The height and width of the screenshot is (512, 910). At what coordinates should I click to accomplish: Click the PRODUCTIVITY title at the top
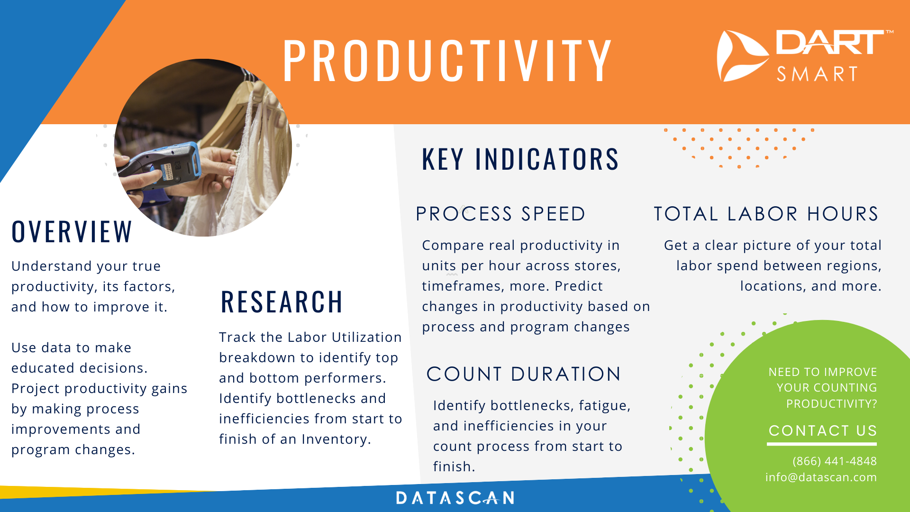(x=447, y=60)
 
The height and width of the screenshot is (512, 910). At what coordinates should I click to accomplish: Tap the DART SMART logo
(x=805, y=56)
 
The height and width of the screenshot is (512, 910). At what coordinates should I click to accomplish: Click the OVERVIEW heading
(x=72, y=232)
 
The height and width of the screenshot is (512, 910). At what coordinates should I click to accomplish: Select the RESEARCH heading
(x=282, y=302)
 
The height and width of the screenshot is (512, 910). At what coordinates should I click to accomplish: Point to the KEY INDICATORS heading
(x=520, y=159)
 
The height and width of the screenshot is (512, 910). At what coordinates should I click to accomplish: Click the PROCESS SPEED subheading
(x=500, y=214)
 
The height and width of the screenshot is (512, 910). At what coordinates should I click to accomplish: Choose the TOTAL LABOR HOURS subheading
(x=766, y=214)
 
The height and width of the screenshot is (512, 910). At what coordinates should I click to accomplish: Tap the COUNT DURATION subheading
(x=524, y=374)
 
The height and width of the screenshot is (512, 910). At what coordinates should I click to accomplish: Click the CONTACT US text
(x=822, y=430)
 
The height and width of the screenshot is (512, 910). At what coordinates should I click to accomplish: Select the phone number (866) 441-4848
(x=835, y=461)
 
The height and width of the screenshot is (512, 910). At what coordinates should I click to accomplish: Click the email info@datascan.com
(x=821, y=477)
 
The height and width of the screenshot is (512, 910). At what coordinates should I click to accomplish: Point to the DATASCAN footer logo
(x=455, y=498)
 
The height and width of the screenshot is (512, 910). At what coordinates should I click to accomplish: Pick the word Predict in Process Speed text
(x=579, y=286)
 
